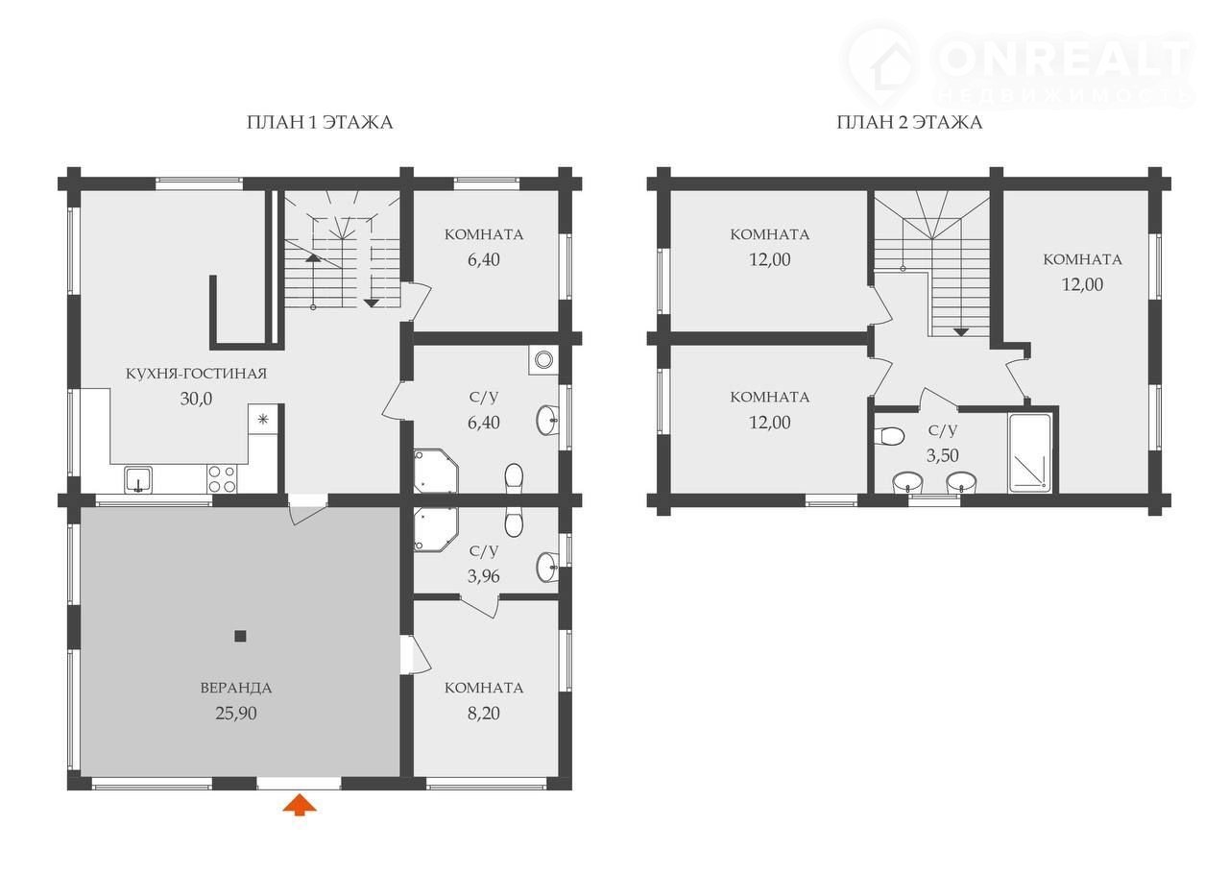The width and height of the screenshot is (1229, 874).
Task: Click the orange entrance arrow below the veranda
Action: coord(300,805)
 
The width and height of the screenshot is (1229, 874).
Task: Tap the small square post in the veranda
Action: coord(240,636)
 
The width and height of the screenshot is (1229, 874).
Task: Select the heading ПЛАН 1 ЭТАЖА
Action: coord(320,122)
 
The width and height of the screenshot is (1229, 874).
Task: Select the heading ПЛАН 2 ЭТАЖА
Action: coord(909,122)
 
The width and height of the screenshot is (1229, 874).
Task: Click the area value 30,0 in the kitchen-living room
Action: coord(196,400)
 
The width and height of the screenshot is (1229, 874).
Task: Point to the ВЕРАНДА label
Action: coord(236,688)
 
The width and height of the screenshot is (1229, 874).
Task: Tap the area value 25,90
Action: coord(236,714)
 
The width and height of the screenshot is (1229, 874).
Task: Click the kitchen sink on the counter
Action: coord(138,479)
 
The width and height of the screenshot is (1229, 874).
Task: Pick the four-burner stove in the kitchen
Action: coord(222,478)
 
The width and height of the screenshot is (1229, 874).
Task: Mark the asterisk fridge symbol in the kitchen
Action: coord(263,420)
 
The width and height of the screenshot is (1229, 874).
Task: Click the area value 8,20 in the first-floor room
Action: coord(483,714)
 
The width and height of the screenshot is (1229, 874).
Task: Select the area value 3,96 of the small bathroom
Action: coord(483,576)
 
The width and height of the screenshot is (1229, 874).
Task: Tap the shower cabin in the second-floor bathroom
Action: coord(1030,453)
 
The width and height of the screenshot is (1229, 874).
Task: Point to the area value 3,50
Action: coord(943,455)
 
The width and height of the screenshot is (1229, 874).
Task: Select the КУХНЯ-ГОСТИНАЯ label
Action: coord(196,374)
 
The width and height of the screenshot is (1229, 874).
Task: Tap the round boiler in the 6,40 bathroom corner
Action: coord(543,360)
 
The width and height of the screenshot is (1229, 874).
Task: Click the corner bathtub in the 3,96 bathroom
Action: coord(436,529)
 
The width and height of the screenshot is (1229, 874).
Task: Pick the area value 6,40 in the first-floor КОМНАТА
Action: coord(483,259)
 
